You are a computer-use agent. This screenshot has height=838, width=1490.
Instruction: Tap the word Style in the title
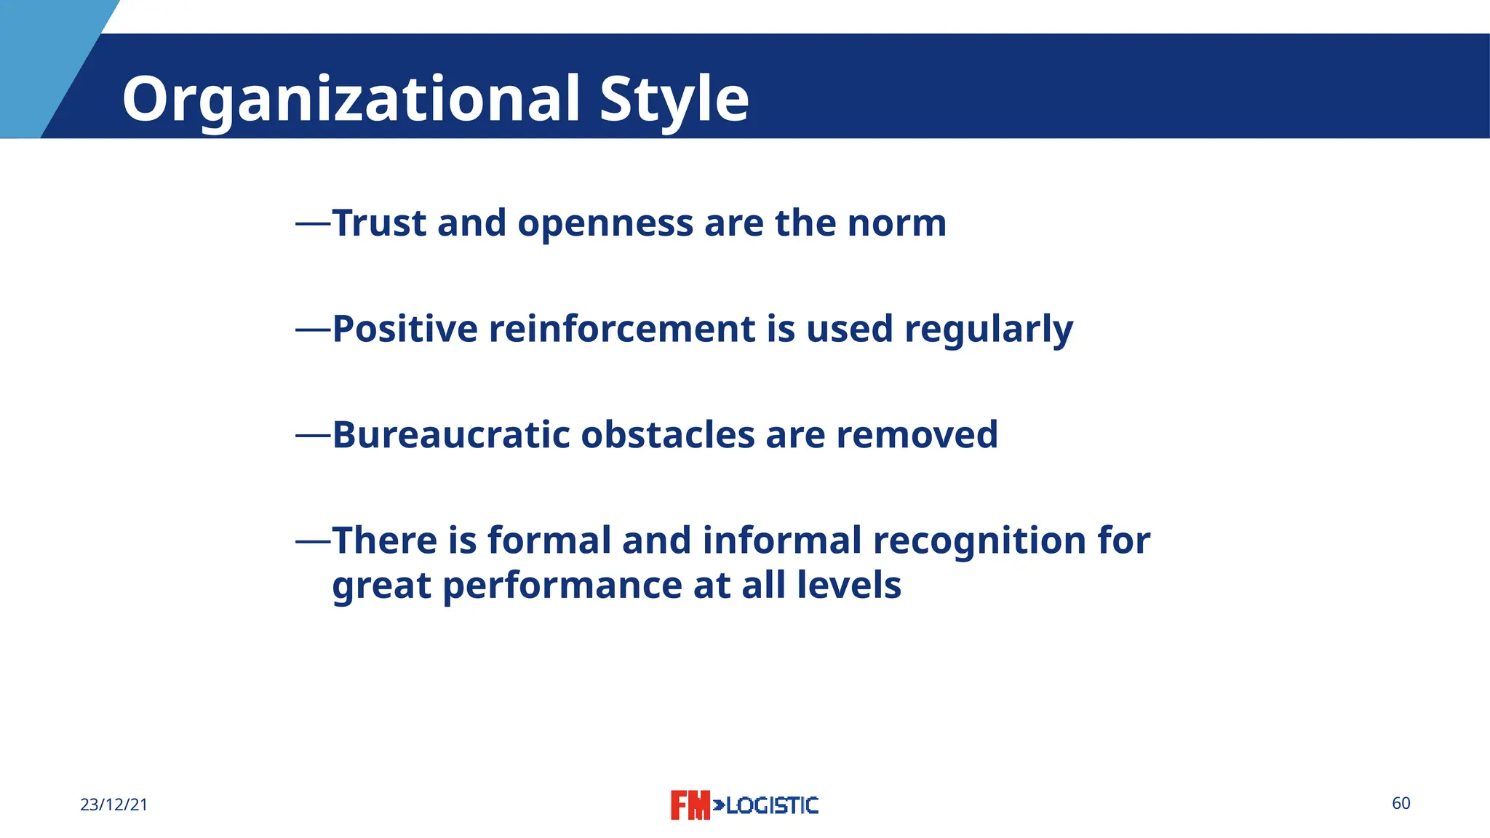coord(674,100)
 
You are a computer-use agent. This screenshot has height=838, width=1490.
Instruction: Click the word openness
coord(605,224)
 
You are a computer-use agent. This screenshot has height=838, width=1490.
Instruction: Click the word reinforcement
coord(622,329)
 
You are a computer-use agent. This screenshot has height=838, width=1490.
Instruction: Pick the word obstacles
coord(668,435)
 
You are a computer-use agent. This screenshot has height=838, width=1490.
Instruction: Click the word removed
coord(917,435)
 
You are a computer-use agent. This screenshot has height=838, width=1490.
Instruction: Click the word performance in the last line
coord(562,586)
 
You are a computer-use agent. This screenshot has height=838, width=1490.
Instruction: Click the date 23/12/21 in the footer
coord(113,805)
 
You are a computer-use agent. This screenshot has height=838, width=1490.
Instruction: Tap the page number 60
coord(1401,803)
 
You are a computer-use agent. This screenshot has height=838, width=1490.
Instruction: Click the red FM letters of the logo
coord(689,805)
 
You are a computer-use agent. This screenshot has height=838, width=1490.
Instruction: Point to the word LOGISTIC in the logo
coord(772,805)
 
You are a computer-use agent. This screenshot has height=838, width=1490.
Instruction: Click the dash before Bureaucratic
coord(313,436)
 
